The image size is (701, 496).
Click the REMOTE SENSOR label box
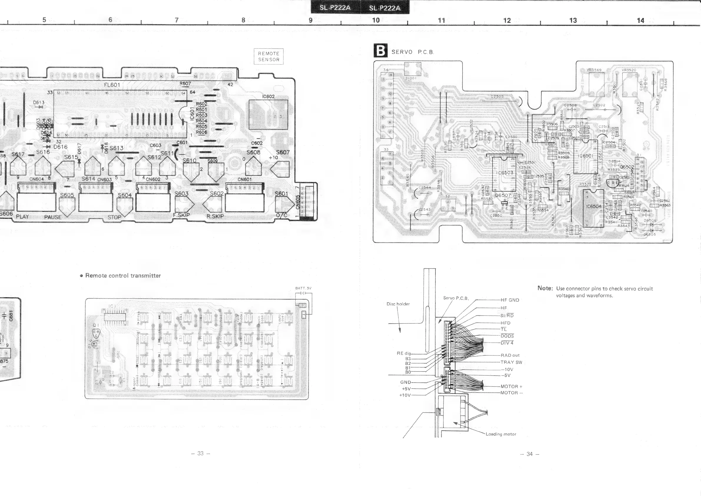[x=269, y=57]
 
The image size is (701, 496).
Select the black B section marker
[x=380, y=50]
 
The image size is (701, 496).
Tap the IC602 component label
[x=269, y=97]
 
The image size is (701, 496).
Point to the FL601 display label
[x=112, y=85]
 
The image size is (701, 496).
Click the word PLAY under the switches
[x=22, y=216]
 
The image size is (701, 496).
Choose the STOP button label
[x=114, y=217]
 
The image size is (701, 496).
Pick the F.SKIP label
[x=181, y=215]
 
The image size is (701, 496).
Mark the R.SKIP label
[x=215, y=216]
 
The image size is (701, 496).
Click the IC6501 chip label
[x=586, y=156]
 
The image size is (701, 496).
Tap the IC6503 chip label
[x=505, y=173]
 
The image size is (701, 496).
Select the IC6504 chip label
[x=594, y=206]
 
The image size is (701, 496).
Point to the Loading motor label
[x=501, y=434]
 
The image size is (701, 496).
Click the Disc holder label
[x=398, y=304]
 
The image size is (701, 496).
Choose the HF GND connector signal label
[x=510, y=300]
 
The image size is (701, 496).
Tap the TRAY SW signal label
[x=511, y=362]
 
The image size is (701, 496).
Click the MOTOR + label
[x=511, y=386]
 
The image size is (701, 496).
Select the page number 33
[x=200, y=453]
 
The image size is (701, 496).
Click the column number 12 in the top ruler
[x=507, y=20]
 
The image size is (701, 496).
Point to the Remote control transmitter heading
[x=123, y=275]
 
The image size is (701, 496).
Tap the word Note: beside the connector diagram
[x=545, y=288]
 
